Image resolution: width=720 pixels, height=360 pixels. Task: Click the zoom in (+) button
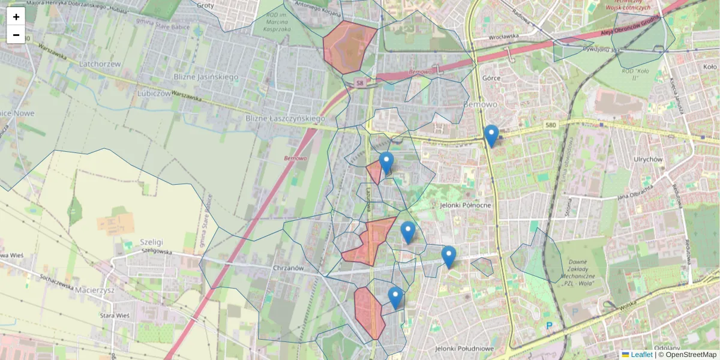(x=16, y=17)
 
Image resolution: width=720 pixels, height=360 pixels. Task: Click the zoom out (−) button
(x=16, y=35)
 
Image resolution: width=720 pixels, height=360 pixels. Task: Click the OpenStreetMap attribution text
(x=687, y=355)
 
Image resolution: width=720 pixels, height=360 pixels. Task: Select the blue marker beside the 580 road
(x=491, y=136)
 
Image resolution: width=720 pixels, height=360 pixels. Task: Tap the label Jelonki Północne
(x=465, y=205)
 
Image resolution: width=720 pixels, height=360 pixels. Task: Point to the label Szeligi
(x=152, y=241)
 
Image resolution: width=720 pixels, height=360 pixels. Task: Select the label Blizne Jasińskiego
(x=206, y=77)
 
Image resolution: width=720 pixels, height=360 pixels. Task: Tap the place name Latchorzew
(x=100, y=63)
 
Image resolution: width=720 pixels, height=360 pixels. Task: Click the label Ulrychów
(x=648, y=160)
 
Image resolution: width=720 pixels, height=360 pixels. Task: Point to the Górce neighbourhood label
(x=491, y=78)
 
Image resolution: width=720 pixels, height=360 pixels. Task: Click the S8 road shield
(x=359, y=82)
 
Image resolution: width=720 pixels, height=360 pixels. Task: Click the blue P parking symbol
(x=549, y=326)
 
